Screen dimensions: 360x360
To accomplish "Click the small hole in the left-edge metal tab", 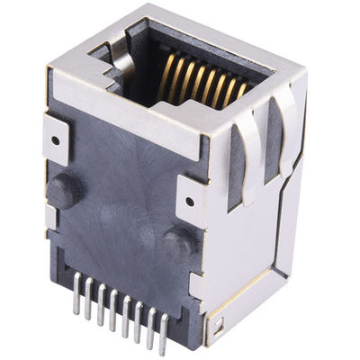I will point(56,139).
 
